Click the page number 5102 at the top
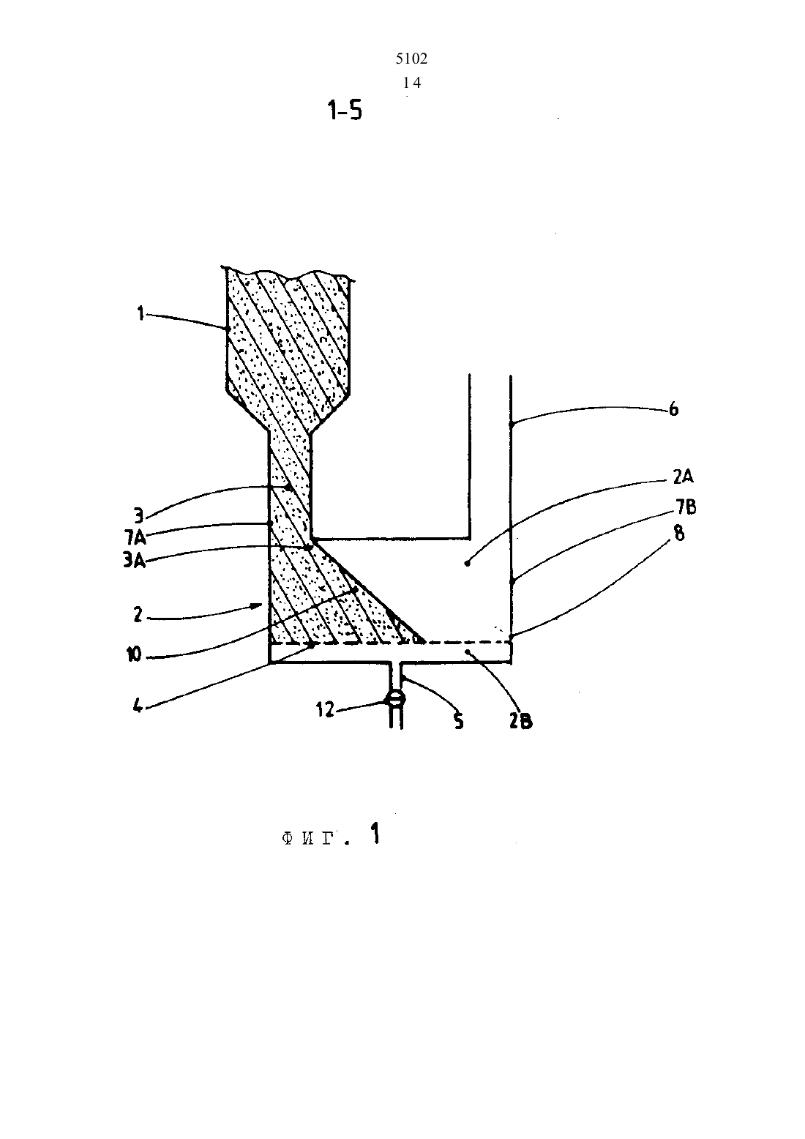411,59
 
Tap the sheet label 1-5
345,111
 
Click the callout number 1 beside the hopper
141,314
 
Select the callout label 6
673,408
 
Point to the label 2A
683,477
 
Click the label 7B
686,507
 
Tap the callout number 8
679,534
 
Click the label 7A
135,537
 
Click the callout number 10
134,655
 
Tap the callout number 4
138,706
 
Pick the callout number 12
325,709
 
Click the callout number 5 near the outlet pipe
458,720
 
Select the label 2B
520,721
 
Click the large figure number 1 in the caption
375,834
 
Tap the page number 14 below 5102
411,83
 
